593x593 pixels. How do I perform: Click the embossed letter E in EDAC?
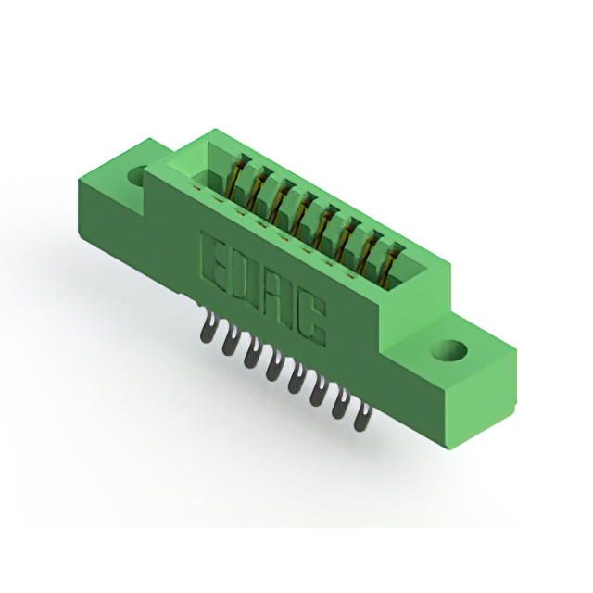coord(215,258)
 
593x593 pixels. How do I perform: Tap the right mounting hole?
coord(449,350)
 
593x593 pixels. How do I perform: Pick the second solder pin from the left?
coord(229,340)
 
